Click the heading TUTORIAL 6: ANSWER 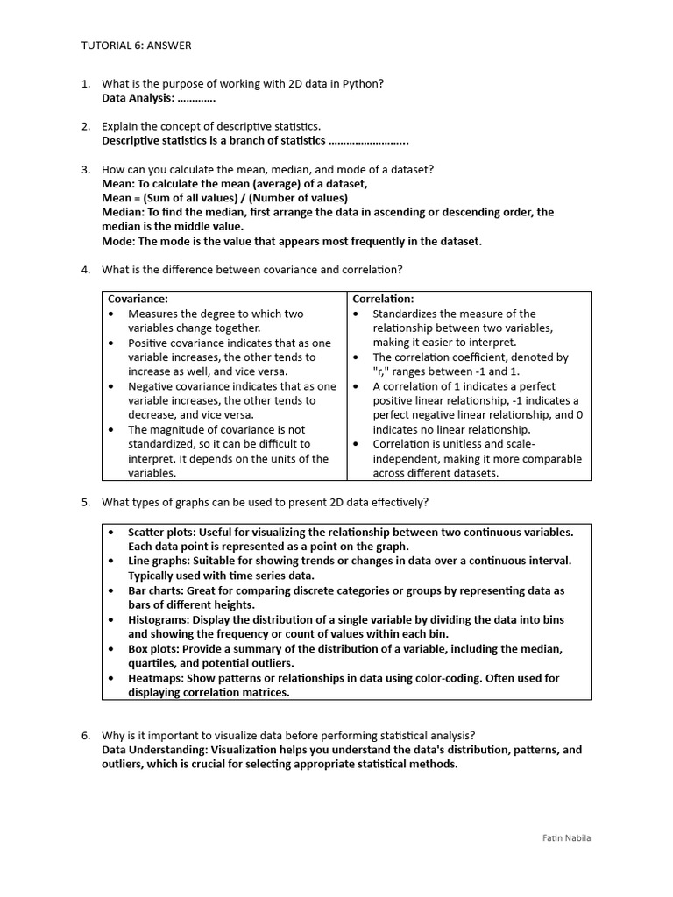(x=136, y=46)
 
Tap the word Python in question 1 (x=363, y=83)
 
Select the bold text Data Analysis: (x=138, y=97)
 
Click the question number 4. (x=86, y=269)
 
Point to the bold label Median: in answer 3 (x=123, y=212)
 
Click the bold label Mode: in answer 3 (x=118, y=241)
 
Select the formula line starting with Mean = (x=224, y=198)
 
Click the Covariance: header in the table (x=138, y=299)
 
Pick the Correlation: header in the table (x=383, y=299)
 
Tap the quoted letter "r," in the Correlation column (x=382, y=371)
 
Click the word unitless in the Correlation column (x=466, y=444)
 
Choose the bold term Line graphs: (x=159, y=561)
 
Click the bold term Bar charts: (x=156, y=590)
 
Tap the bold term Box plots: (x=155, y=648)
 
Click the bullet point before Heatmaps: (x=111, y=678)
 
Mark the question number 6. (x=86, y=735)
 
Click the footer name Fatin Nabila (x=566, y=838)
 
